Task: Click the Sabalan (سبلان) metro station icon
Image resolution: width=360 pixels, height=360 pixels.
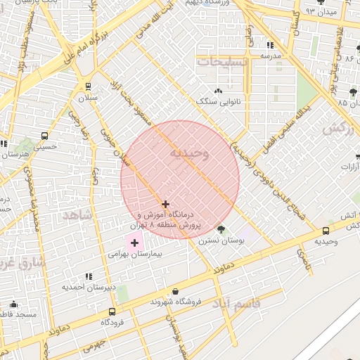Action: [88, 86]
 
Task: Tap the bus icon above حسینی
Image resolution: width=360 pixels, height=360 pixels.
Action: [44, 136]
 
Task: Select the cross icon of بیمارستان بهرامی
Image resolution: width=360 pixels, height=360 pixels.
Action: [134, 243]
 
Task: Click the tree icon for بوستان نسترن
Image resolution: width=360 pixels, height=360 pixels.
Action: [221, 229]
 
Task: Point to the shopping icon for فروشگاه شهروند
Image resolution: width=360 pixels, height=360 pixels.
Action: [175, 291]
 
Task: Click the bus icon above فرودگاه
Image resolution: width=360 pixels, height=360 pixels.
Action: [112, 312]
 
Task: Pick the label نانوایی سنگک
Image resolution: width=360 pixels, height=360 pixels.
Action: [218, 101]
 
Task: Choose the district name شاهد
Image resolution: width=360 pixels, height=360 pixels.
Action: [77, 214]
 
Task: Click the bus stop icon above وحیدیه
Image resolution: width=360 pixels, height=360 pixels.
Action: [326, 231]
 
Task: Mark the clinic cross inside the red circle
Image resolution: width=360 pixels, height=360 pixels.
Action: [166, 204]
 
